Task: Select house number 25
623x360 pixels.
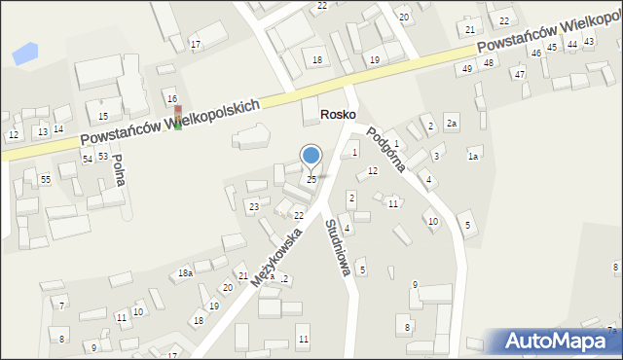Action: tap(311, 179)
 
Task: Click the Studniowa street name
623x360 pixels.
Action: tap(337, 246)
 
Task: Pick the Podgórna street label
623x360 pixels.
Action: tap(386, 149)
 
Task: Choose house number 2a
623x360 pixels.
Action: tap(451, 124)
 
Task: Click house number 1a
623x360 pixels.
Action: tap(474, 156)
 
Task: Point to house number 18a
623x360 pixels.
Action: tap(185, 273)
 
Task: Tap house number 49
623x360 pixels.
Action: tap(467, 68)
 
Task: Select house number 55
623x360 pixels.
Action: tap(46, 180)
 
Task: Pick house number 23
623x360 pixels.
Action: tap(253, 206)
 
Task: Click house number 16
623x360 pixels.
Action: tap(172, 98)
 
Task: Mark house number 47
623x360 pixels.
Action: tap(520, 74)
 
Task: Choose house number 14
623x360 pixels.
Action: tap(58, 128)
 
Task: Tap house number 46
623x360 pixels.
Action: tap(535, 53)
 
